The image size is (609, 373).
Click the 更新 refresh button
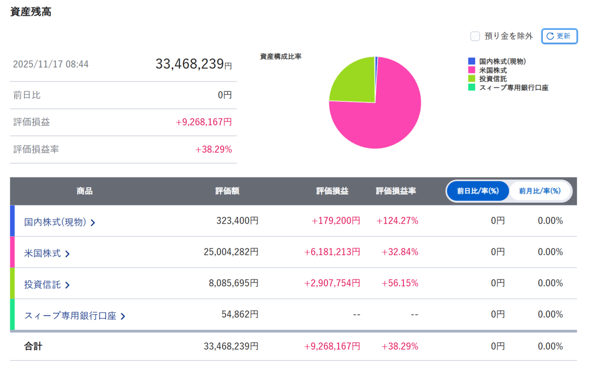point(559,36)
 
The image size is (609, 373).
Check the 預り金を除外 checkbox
point(475,36)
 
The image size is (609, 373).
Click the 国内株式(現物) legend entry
point(497,61)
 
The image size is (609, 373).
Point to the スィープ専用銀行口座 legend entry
point(508,87)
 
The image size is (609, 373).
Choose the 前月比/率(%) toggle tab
point(539,191)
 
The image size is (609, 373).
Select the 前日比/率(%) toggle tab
point(478,191)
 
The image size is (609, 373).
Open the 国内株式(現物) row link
point(59,222)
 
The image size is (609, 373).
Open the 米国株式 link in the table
point(47,253)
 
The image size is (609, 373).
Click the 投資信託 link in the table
point(47,284)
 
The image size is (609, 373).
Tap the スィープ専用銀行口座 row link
point(75,316)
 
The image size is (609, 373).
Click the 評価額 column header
point(227,191)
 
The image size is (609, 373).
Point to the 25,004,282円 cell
point(231,252)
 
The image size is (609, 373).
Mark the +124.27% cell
point(397,220)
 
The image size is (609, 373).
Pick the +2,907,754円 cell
point(332,283)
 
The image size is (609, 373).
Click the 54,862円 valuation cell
point(240,314)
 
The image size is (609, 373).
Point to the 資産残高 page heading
point(31,12)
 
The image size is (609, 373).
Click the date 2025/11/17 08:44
point(51,64)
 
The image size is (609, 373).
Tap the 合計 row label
point(33,347)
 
